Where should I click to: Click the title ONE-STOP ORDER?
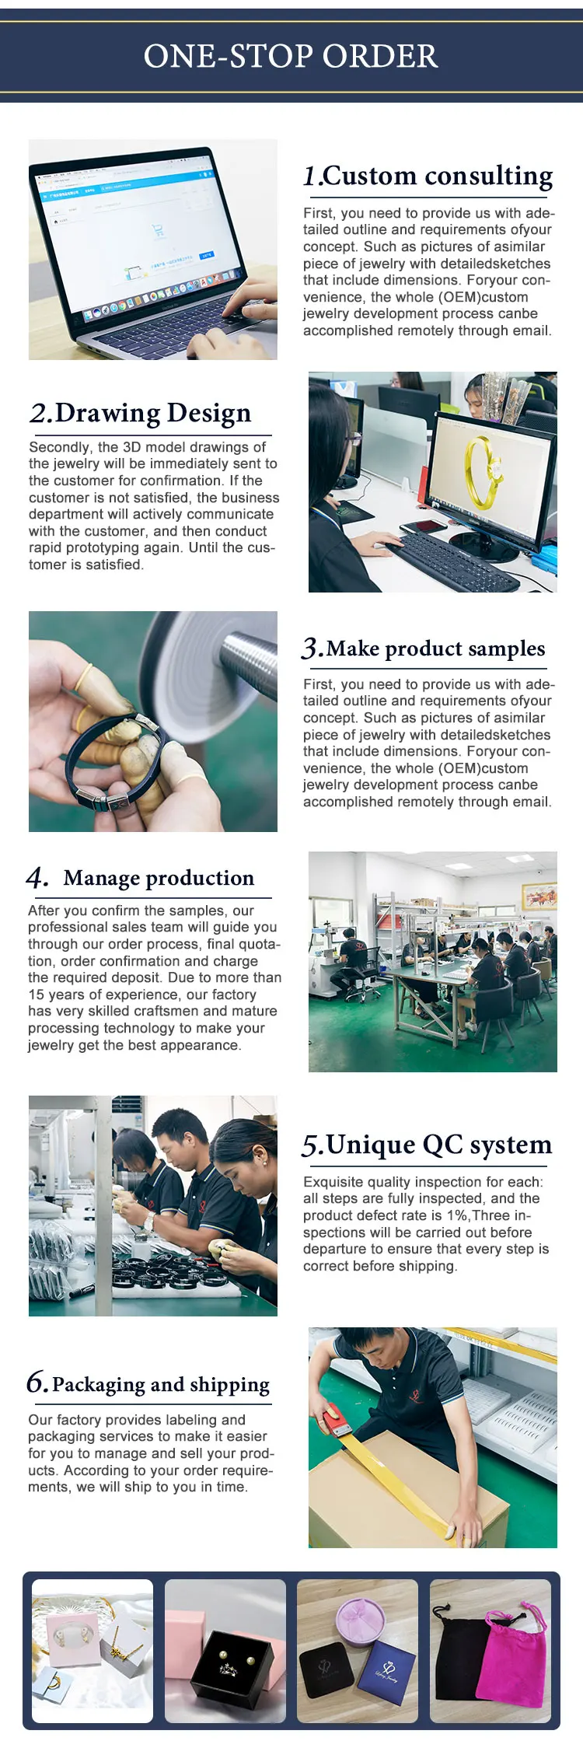tap(291, 56)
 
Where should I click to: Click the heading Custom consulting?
tap(438, 176)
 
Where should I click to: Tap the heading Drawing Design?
tap(153, 413)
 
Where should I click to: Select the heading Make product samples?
tap(435, 649)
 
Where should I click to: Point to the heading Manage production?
tap(159, 878)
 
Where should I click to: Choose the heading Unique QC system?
tap(439, 1145)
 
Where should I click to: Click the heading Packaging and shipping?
tap(161, 1385)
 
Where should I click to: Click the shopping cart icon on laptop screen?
tap(159, 231)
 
